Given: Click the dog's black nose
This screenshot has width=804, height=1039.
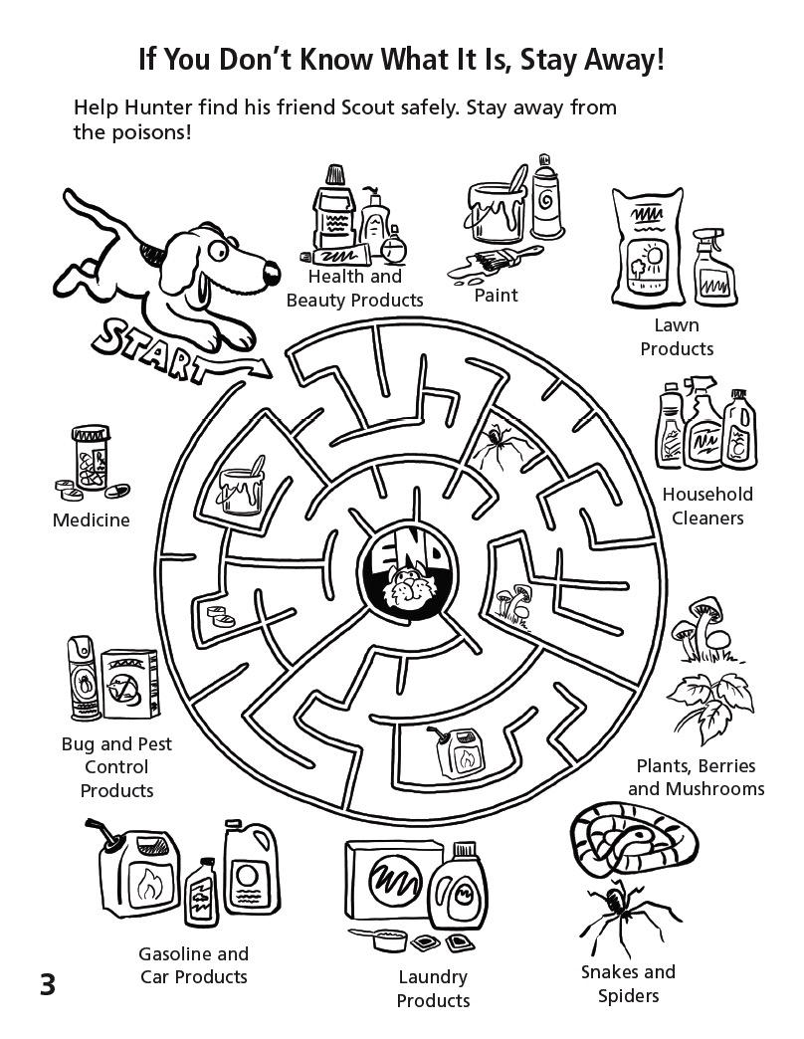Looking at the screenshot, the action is coord(272,273).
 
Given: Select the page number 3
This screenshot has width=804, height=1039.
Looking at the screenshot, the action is coord(48,985).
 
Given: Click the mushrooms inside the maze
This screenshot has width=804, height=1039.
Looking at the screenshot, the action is coord(513,602).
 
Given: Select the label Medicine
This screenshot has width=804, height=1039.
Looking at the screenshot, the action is coord(91,520).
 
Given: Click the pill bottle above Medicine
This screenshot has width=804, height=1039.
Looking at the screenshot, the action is coord(92,457).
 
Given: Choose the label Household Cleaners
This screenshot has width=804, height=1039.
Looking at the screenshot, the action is coord(707,507).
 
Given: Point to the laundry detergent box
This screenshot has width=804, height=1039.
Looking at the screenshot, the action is coord(392,881).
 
